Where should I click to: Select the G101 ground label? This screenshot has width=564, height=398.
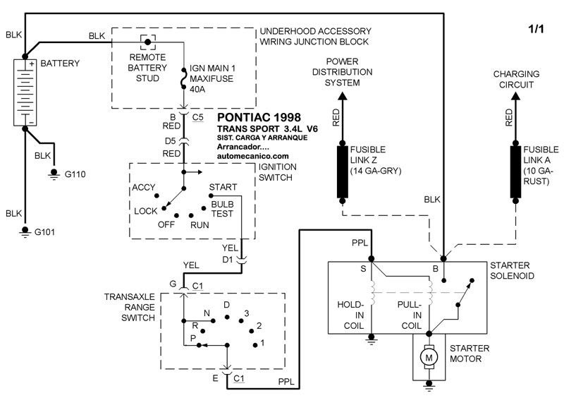point(49,231)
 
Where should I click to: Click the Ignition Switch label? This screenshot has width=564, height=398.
point(277,172)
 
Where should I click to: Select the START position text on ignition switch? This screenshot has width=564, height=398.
point(222,188)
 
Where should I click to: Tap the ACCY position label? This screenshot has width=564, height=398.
point(143,188)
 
